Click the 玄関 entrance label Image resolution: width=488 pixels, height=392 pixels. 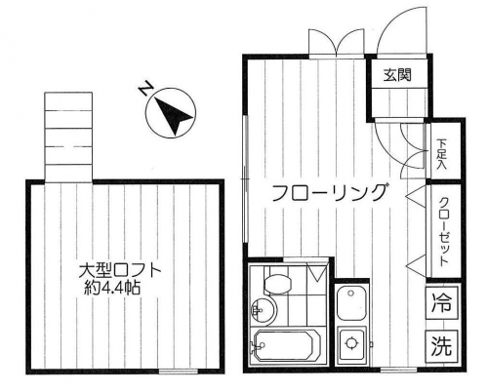point(397,75)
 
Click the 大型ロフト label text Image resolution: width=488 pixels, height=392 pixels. point(120,271)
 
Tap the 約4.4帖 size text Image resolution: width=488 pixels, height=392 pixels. point(112,288)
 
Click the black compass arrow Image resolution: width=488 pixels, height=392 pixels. point(176,117)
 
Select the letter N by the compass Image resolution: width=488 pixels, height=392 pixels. point(145,89)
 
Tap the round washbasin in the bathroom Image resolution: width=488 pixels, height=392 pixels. point(264,309)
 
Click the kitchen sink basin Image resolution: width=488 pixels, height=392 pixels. point(351,304)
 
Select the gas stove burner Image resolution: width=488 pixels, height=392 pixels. point(351,344)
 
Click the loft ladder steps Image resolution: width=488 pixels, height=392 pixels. point(68,137)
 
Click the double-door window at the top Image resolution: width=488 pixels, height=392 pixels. point(337,44)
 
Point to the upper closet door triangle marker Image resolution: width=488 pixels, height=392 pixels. point(416,196)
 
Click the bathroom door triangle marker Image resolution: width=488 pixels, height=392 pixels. point(317,273)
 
